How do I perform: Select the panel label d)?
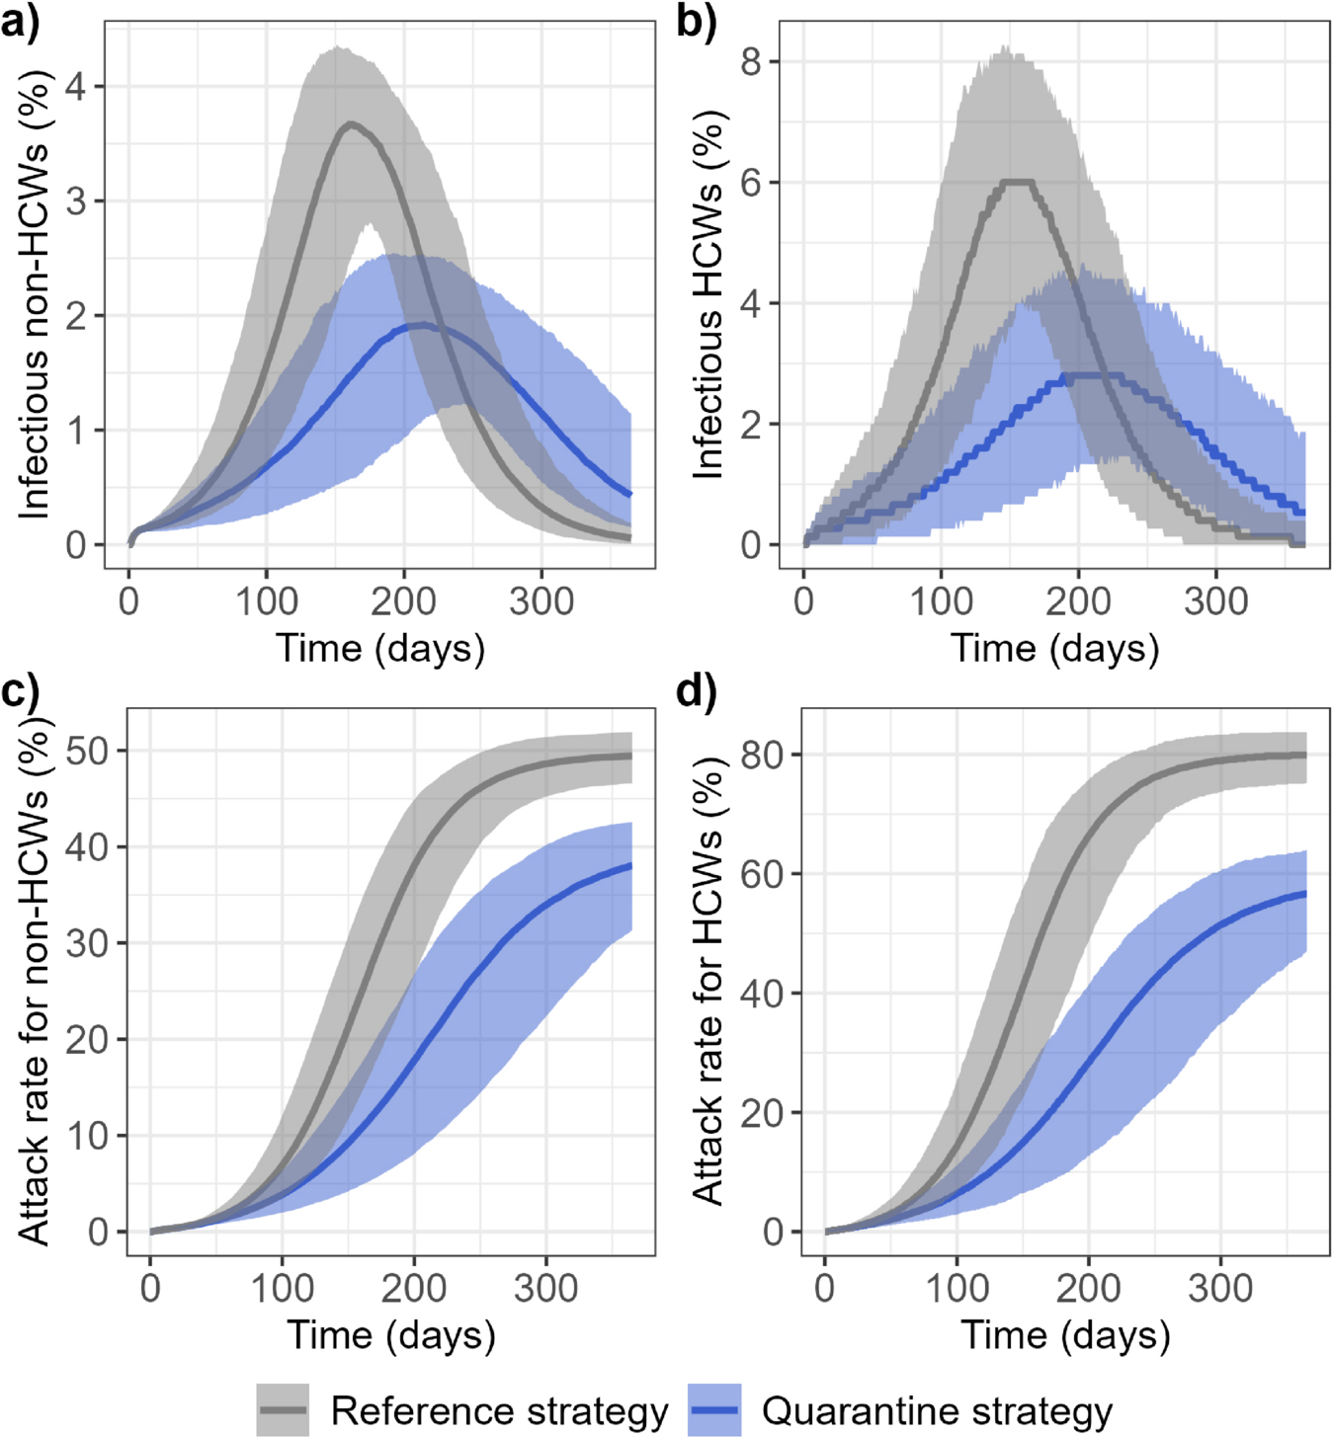click(x=697, y=691)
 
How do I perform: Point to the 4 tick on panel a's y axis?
click(x=76, y=87)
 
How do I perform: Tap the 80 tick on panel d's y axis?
click(x=762, y=755)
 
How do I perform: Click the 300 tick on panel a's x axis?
click(x=542, y=600)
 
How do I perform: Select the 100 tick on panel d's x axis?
click(x=957, y=1288)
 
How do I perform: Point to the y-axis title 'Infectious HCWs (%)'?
click(x=709, y=296)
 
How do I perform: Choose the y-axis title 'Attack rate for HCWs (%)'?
click(x=709, y=983)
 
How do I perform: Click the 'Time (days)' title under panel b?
click(x=1054, y=648)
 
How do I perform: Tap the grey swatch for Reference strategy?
click(x=283, y=1409)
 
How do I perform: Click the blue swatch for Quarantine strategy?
click(x=713, y=1409)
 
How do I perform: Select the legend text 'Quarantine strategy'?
click(x=937, y=1410)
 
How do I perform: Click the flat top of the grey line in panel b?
click(x=1018, y=182)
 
